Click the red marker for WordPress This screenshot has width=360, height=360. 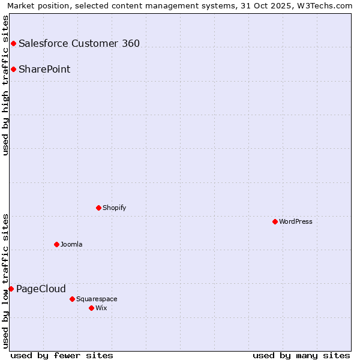click(x=275, y=221)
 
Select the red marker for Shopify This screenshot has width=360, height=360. click(x=98, y=208)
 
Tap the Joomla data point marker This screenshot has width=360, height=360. click(x=56, y=244)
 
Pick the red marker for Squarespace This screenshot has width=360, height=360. click(x=72, y=299)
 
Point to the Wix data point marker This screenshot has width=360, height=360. click(x=91, y=308)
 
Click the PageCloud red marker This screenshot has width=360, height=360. click(x=11, y=289)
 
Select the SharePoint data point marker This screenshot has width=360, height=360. click(x=13, y=69)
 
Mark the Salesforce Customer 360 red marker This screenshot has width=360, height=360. click(x=13, y=43)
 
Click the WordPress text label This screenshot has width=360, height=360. click(x=296, y=221)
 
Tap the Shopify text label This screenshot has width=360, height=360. click(x=115, y=208)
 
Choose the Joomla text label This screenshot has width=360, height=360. click(x=71, y=244)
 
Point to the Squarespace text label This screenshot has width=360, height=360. click(x=97, y=299)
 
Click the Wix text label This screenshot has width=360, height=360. click(x=101, y=308)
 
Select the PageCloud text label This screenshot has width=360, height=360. click(x=41, y=289)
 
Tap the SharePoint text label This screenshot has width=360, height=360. click(x=44, y=69)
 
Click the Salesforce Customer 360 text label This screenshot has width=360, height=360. click(x=79, y=43)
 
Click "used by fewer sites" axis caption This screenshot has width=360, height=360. click(x=62, y=355)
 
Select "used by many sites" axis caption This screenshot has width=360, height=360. click(x=301, y=355)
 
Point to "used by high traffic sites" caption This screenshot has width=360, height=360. click(x=5, y=85)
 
